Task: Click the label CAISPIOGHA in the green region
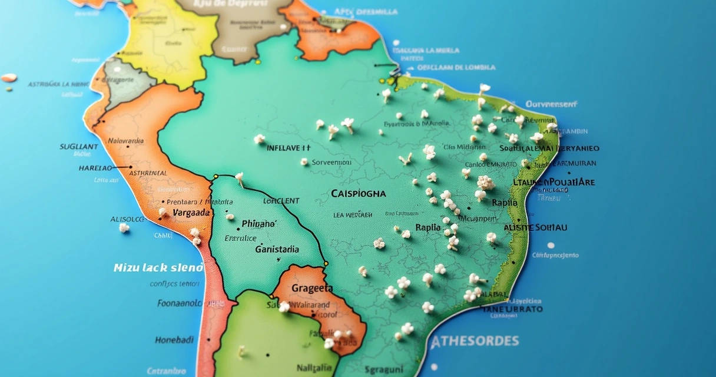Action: pyautogui.click(x=359, y=193)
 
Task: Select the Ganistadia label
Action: pyautogui.click(x=277, y=249)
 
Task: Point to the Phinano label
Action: pyautogui.click(x=258, y=224)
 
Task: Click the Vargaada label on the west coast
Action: pyautogui.click(x=191, y=212)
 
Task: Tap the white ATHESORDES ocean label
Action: pyautogui.click(x=475, y=341)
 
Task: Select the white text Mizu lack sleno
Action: pyautogui.click(x=158, y=267)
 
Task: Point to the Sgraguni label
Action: pyautogui.click(x=383, y=369)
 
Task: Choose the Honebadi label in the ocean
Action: pyautogui.click(x=174, y=340)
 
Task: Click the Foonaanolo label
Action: pyautogui.click(x=180, y=304)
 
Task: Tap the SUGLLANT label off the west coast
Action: pyautogui.click(x=79, y=146)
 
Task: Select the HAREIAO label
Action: pyautogui.click(x=95, y=168)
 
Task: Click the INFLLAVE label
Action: pyautogui.click(x=289, y=147)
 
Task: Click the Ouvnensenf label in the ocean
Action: pyautogui.click(x=551, y=104)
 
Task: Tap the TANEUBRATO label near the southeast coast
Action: pyautogui.click(x=512, y=309)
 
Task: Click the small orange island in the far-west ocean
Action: pyautogui.click(x=9, y=78)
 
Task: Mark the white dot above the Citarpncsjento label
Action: pyautogui.click(x=551, y=246)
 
